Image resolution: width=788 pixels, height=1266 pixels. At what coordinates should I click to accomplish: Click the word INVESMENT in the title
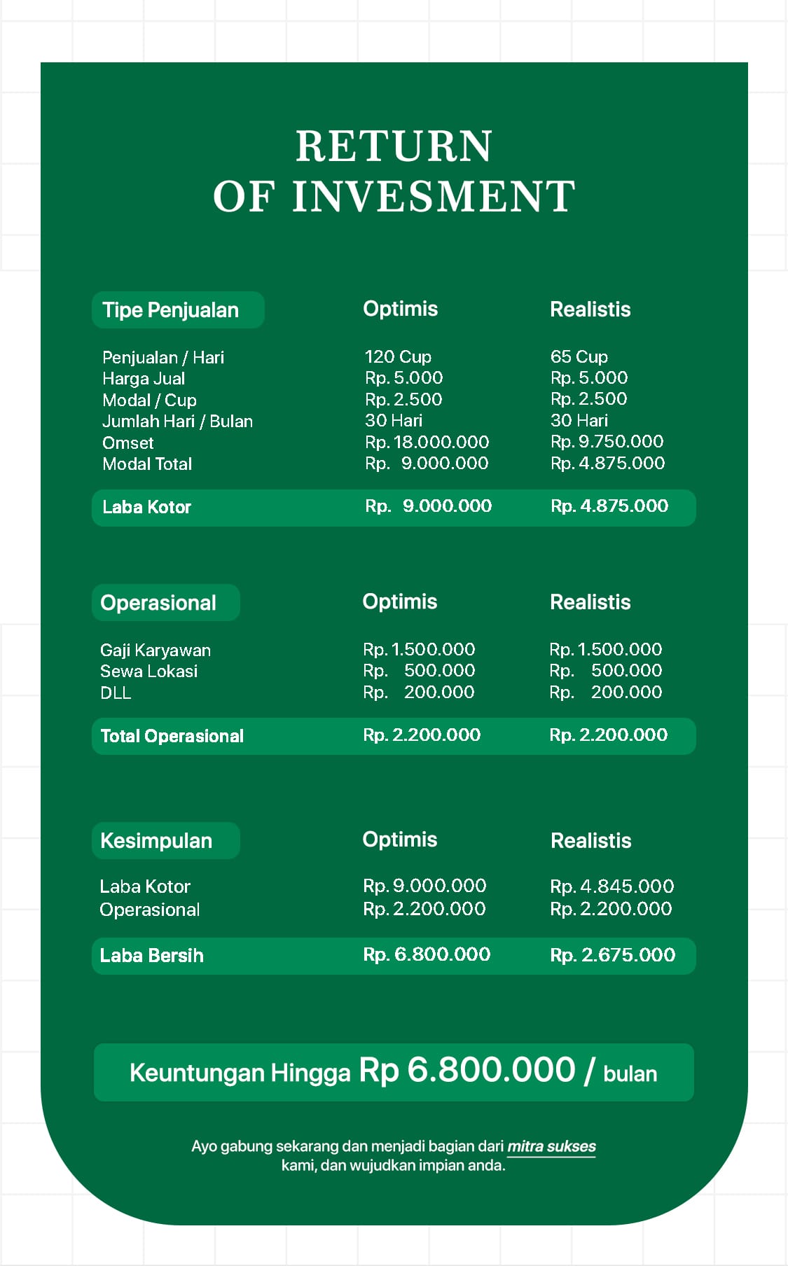tap(434, 196)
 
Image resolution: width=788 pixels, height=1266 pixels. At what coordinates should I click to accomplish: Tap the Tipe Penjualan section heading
tap(171, 310)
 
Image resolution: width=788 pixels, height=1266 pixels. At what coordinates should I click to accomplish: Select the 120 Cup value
tap(398, 356)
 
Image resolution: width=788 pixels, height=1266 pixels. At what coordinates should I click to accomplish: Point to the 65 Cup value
tap(579, 356)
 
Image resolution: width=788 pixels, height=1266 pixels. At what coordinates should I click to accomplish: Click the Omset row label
tap(127, 443)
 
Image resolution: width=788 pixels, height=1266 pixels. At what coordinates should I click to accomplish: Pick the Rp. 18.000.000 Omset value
tap(427, 442)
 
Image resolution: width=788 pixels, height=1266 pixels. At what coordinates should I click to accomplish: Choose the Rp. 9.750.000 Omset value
tap(607, 441)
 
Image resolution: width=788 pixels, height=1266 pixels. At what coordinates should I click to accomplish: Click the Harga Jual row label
tap(144, 379)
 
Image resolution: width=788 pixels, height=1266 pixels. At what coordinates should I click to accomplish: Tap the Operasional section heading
tap(158, 603)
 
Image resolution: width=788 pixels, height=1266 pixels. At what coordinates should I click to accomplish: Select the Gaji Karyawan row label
tap(155, 650)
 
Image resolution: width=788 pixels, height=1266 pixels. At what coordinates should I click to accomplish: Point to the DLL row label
tap(116, 693)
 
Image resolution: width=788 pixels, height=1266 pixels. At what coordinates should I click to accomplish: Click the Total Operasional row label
tap(172, 736)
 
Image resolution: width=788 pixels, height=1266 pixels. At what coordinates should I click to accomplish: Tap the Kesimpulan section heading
tap(156, 841)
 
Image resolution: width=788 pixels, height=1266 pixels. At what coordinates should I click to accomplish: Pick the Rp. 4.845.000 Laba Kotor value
tap(611, 886)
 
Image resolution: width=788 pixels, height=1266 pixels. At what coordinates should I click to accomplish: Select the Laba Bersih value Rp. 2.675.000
tap(612, 955)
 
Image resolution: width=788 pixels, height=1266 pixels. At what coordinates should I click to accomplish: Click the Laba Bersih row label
tap(151, 956)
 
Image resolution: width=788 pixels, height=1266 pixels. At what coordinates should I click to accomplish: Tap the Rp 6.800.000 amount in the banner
tap(467, 1071)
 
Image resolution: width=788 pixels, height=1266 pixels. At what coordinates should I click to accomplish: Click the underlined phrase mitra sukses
tap(551, 1146)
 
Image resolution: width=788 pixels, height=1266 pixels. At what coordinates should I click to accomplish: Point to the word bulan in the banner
tap(630, 1074)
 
